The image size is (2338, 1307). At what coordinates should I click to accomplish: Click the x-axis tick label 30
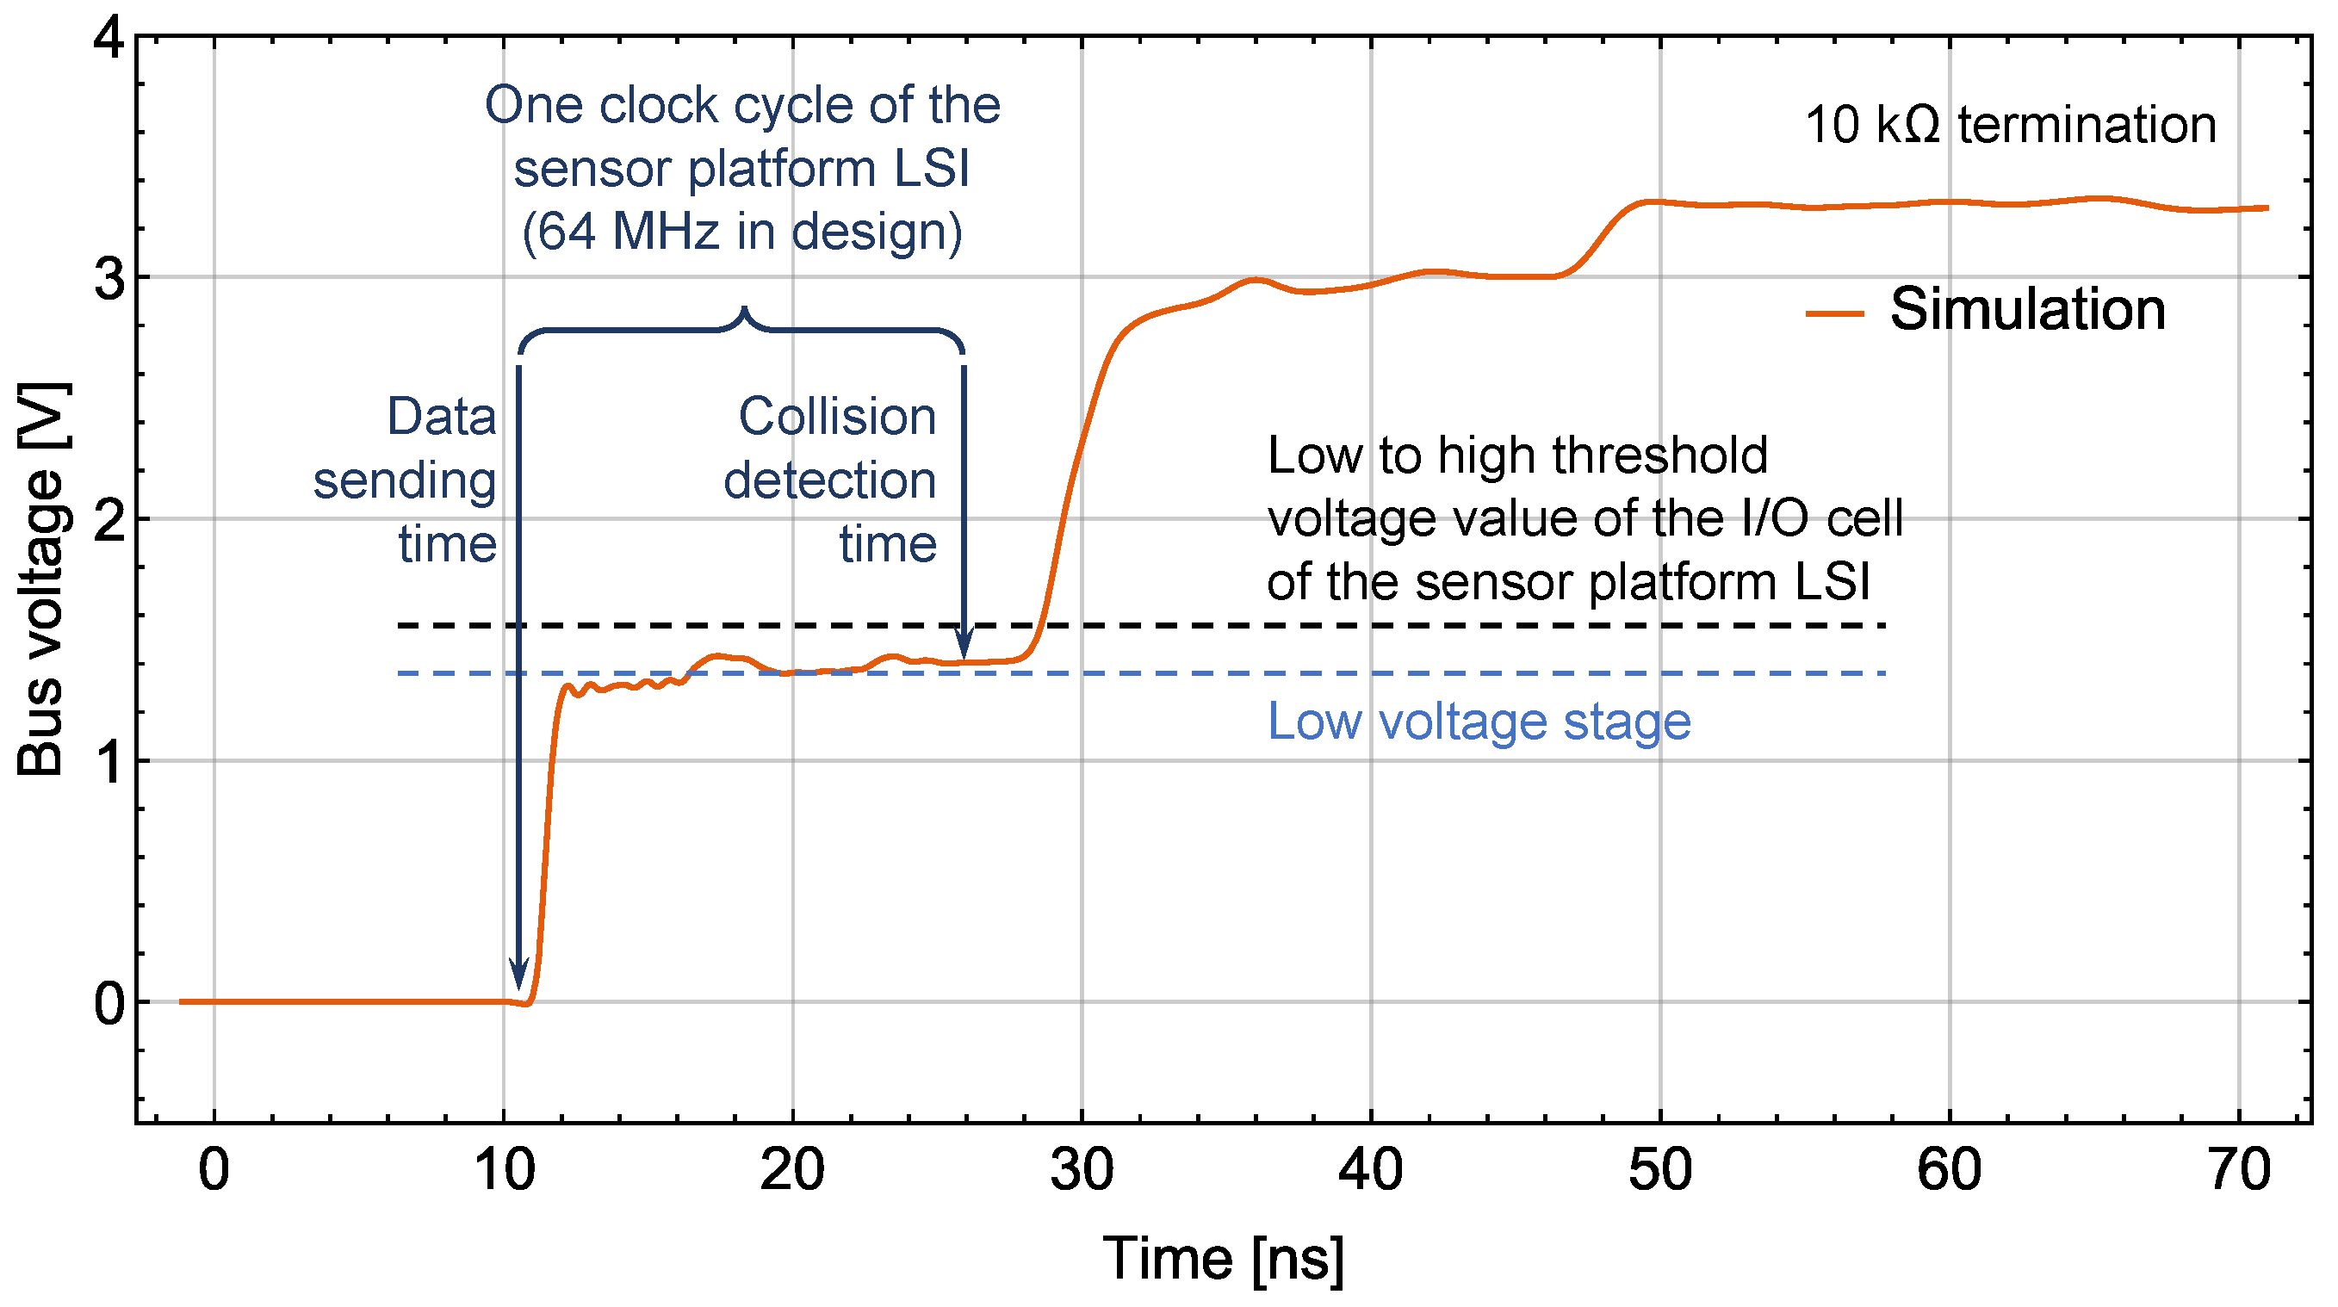[x=1082, y=1170]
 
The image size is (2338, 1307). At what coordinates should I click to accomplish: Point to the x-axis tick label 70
[x=2239, y=1170]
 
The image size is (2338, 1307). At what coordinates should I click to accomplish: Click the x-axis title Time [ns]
[x=1223, y=1259]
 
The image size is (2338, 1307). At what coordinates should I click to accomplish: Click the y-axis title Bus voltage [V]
[x=40, y=579]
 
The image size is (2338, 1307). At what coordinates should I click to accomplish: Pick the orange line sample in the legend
[x=1834, y=314]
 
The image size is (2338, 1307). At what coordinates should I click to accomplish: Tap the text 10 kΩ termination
[x=2011, y=124]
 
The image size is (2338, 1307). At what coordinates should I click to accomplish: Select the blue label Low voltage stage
[x=1479, y=722]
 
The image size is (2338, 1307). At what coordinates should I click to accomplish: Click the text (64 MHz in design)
[x=741, y=232]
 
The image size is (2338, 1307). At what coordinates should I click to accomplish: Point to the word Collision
[x=837, y=418]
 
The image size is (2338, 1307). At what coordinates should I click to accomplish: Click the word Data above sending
[x=442, y=418]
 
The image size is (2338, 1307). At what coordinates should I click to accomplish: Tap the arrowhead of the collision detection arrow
[x=964, y=646]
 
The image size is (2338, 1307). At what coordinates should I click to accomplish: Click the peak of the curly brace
[x=744, y=311]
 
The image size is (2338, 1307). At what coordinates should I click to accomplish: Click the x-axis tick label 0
[x=214, y=1170]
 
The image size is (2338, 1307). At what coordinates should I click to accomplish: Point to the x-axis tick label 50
[x=1660, y=1170]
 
